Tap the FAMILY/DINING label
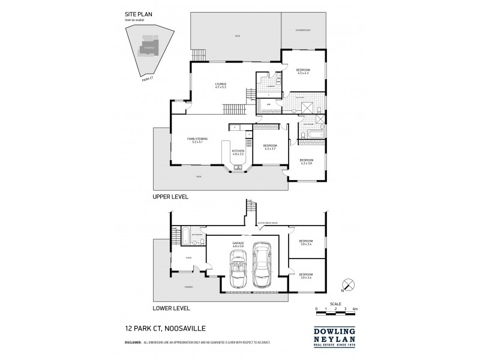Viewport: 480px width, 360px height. click(x=197, y=140)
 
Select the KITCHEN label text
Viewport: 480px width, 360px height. click(x=238, y=152)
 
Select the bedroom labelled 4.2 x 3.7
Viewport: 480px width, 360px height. click(x=269, y=146)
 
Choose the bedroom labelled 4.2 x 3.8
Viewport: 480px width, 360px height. click(x=306, y=161)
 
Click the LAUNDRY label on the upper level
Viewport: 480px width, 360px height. click(x=270, y=86)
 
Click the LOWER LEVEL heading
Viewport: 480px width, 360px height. click(x=172, y=308)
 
